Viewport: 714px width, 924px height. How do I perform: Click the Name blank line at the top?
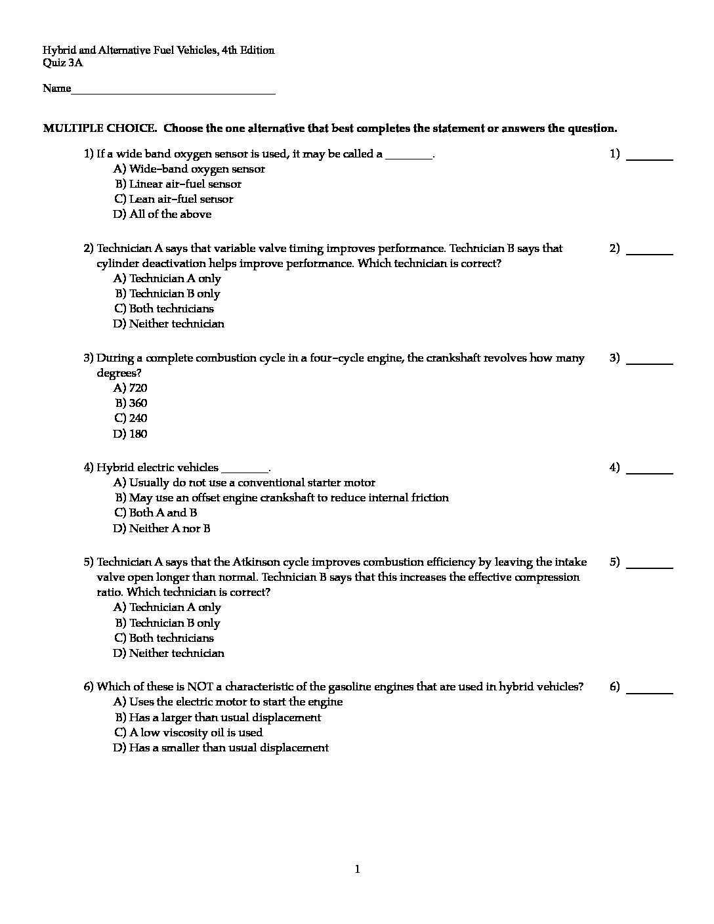click(x=173, y=90)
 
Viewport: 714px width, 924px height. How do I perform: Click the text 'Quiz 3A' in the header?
click(x=63, y=63)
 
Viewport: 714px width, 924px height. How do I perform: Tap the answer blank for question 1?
click(x=650, y=156)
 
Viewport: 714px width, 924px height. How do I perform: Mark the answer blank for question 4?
click(x=650, y=469)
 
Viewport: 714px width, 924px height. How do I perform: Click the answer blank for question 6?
click(x=650, y=688)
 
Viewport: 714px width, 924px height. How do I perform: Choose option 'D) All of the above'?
click(x=162, y=214)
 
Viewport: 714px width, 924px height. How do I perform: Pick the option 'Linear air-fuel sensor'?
click(x=184, y=184)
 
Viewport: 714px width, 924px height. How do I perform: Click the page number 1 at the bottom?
click(x=357, y=870)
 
